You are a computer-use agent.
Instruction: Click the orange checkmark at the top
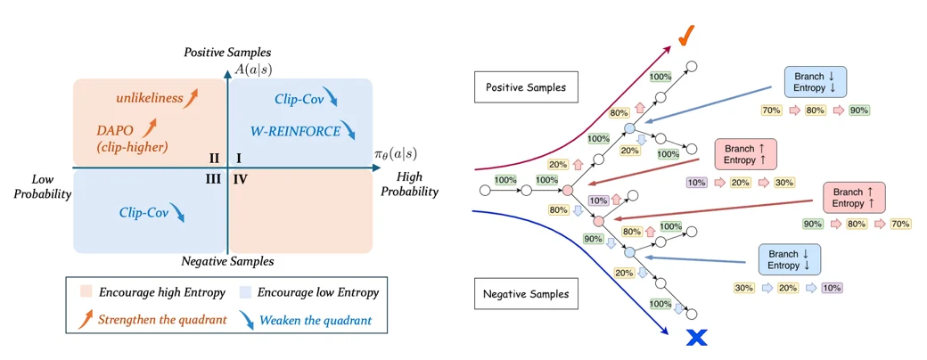[x=685, y=39]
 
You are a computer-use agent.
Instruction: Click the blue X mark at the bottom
[x=697, y=338]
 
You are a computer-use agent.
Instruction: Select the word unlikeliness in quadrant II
[x=150, y=98]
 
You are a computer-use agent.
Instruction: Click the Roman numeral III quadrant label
[x=213, y=179]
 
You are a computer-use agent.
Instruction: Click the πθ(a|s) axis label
[x=396, y=154]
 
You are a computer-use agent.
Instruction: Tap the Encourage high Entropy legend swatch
[x=86, y=292]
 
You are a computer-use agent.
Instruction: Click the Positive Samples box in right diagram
[x=526, y=87]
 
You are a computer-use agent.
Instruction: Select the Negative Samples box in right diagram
[x=526, y=294]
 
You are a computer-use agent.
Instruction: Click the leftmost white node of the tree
[x=486, y=191]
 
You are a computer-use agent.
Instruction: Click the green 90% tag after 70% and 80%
[x=857, y=110]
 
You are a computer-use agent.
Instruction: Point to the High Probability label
[x=410, y=184]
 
